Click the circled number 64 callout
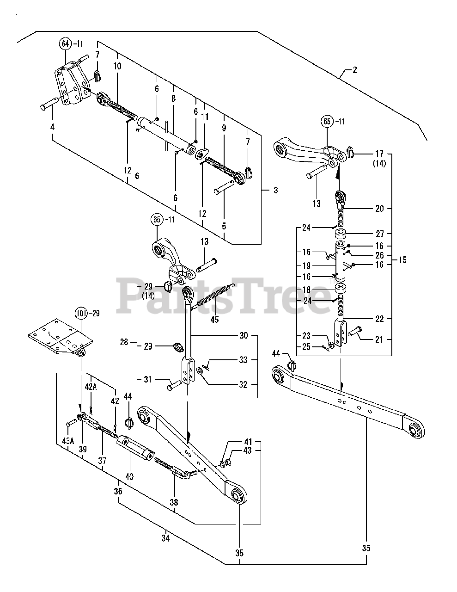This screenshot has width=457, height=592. click(65, 44)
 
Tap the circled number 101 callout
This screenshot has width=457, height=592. click(81, 314)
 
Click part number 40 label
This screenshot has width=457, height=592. click(129, 476)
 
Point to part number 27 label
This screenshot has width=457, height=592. click(379, 234)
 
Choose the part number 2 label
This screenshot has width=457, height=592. click(354, 70)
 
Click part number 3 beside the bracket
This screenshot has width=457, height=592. click(276, 190)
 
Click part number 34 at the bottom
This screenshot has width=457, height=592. click(166, 538)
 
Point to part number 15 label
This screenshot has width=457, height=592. click(402, 260)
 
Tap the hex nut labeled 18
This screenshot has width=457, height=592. click(341, 290)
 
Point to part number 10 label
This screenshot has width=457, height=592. click(117, 66)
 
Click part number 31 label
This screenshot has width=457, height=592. click(148, 380)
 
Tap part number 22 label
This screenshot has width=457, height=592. click(379, 319)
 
